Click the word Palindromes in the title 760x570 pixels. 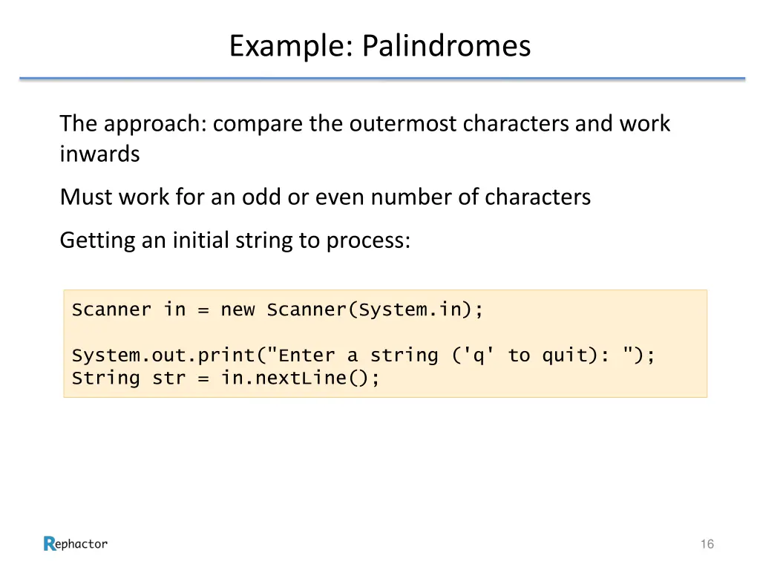(446, 46)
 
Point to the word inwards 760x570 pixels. (99, 154)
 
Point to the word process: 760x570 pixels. (368, 241)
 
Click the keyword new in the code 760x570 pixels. (237, 309)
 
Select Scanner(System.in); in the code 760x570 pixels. (375, 309)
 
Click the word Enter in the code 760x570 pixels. (306, 356)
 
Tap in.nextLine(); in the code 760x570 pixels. (300, 379)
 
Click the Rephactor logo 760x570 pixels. (76, 544)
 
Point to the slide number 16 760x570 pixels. (707, 545)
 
